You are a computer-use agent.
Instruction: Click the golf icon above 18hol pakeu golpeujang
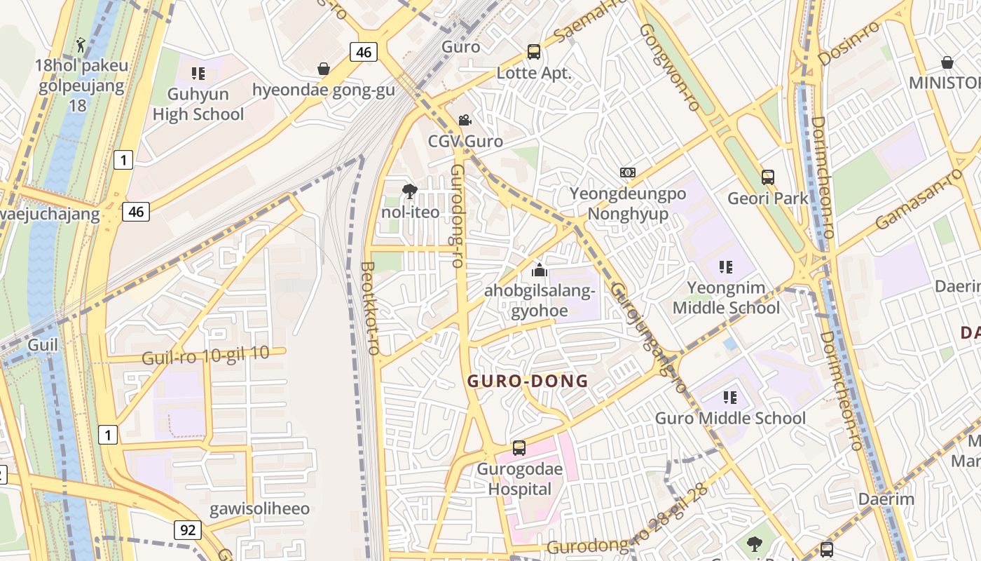point(81,45)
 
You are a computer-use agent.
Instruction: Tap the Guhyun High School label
point(198,104)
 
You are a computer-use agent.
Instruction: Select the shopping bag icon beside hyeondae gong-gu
point(324,69)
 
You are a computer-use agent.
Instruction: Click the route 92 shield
point(188,530)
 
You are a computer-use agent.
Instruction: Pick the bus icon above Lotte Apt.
point(534,51)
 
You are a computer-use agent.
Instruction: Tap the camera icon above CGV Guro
point(465,120)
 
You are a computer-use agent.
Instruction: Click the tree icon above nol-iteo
point(410,191)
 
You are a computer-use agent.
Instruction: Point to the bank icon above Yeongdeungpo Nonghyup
point(628,173)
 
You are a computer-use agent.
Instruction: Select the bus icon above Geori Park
point(768,177)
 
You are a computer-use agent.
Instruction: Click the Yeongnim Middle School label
point(726,298)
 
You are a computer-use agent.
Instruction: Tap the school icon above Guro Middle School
point(730,398)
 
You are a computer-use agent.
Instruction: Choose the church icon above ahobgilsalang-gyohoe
point(540,269)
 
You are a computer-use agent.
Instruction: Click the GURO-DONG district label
point(528,381)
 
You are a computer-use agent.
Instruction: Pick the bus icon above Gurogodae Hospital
point(519,448)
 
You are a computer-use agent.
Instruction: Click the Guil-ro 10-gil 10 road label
point(205,356)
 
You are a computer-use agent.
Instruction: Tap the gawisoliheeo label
point(259,508)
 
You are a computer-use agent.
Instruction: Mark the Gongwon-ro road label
point(670,67)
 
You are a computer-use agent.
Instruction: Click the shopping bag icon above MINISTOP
point(947,62)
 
